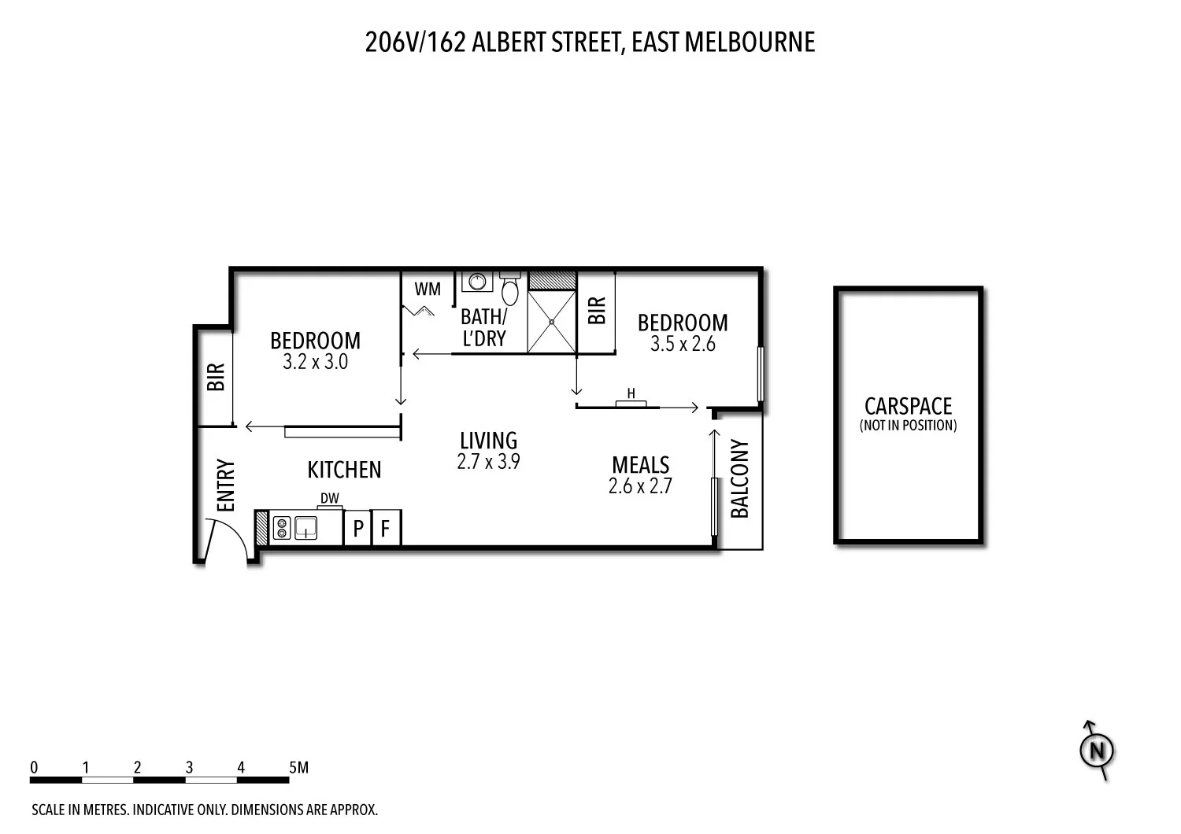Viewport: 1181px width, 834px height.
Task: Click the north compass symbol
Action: point(1095,751)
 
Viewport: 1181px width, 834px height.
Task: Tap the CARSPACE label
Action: point(908,406)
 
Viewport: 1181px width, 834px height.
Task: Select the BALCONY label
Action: point(740,478)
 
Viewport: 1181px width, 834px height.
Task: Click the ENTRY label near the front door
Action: point(226,485)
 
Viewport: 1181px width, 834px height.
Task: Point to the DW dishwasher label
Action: point(330,498)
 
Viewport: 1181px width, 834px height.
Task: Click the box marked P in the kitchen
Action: point(357,528)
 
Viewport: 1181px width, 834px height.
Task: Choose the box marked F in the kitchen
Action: point(385,528)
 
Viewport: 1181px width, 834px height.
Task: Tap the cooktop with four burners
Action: point(282,527)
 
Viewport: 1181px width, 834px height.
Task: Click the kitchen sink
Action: point(305,527)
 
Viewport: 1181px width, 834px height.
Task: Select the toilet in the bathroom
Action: point(510,290)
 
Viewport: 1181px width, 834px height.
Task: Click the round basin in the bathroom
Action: point(477,281)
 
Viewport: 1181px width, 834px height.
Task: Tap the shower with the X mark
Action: point(551,322)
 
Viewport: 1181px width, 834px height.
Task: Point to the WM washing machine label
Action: point(428,290)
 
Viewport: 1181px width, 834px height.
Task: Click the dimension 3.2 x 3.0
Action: point(315,362)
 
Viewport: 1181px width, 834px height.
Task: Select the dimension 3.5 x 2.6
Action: point(683,344)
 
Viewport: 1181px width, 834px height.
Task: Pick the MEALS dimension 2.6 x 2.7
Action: point(640,486)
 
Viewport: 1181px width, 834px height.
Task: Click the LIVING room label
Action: point(488,440)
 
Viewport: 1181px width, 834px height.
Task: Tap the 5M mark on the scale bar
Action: point(298,767)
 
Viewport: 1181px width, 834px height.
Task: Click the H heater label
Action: point(631,393)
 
